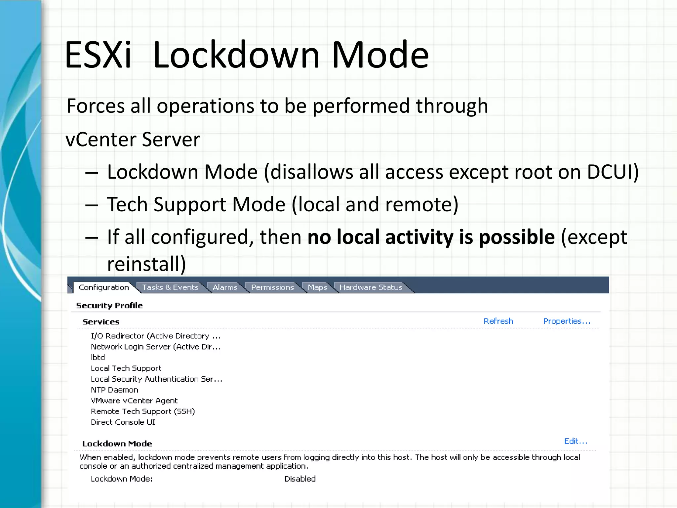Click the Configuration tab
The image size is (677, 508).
point(103,287)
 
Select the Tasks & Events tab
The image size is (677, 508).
point(170,287)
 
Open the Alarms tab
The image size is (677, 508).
point(225,287)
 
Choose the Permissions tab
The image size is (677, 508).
point(272,287)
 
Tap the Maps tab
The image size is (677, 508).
point(317,287)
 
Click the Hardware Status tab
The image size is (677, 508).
point(371,287)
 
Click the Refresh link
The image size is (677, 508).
point(498,321)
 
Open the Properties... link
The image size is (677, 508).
point(567,321)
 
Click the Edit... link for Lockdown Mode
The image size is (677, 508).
point(576,441)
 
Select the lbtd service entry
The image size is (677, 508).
point(98,358)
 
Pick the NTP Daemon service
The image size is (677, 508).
point(114,390)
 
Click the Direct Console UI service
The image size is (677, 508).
point(123,422)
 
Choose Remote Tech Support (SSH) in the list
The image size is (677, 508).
point(143,411)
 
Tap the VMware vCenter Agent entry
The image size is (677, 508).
point(134,401)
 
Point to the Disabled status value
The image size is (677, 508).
point(300,479)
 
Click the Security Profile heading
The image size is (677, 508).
point(109,306)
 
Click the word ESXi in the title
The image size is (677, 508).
point(98,55)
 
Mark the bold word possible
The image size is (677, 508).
point(517,237)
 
